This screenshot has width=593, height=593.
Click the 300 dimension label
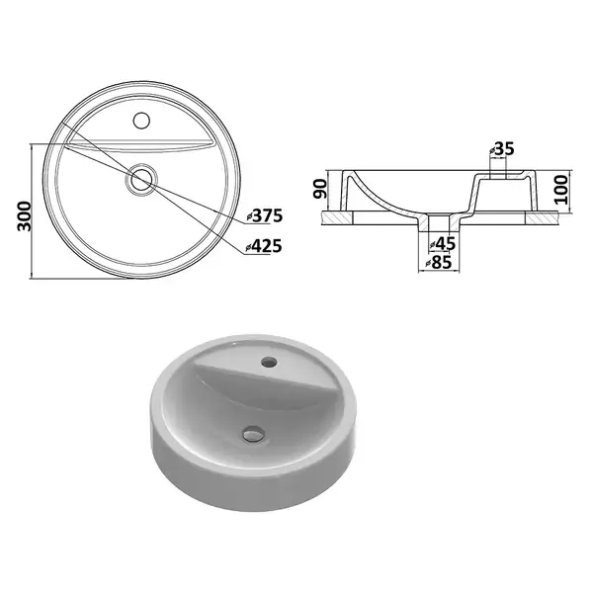25,215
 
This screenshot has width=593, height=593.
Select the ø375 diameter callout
264,215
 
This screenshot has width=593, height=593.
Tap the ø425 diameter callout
264,246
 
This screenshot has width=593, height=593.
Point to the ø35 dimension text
501,149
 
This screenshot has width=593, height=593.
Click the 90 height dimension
320,189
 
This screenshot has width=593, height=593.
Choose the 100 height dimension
563,190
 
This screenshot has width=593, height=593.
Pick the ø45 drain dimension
442,244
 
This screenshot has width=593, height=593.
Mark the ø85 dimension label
439,262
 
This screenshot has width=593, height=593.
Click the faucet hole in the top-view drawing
141,121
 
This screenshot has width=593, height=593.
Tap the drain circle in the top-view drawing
140,179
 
